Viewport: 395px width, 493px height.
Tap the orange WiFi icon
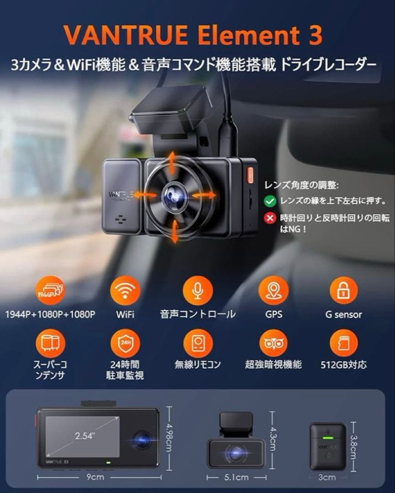click(125, 291)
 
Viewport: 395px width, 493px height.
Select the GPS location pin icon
click(273, 291)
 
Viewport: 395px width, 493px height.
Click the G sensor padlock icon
click(343, 291)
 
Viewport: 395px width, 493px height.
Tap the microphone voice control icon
click(197, 291)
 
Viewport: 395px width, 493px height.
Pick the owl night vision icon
click(273, 343)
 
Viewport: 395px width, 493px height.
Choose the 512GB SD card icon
click(343, 343)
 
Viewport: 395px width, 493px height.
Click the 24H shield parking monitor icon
click(125, 343)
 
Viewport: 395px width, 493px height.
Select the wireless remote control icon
click(197, 343)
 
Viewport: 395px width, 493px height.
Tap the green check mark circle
click(270, 200)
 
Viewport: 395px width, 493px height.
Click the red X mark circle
click(270, 218)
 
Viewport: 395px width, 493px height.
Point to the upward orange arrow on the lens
click(172, 162)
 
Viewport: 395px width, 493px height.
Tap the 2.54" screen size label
click(85, 435)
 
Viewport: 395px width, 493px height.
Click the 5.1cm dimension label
click(236, 477)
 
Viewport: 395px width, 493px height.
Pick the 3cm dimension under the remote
click(327, 477)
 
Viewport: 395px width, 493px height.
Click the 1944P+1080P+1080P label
click(50, 315)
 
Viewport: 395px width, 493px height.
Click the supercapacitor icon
click(50, 343)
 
